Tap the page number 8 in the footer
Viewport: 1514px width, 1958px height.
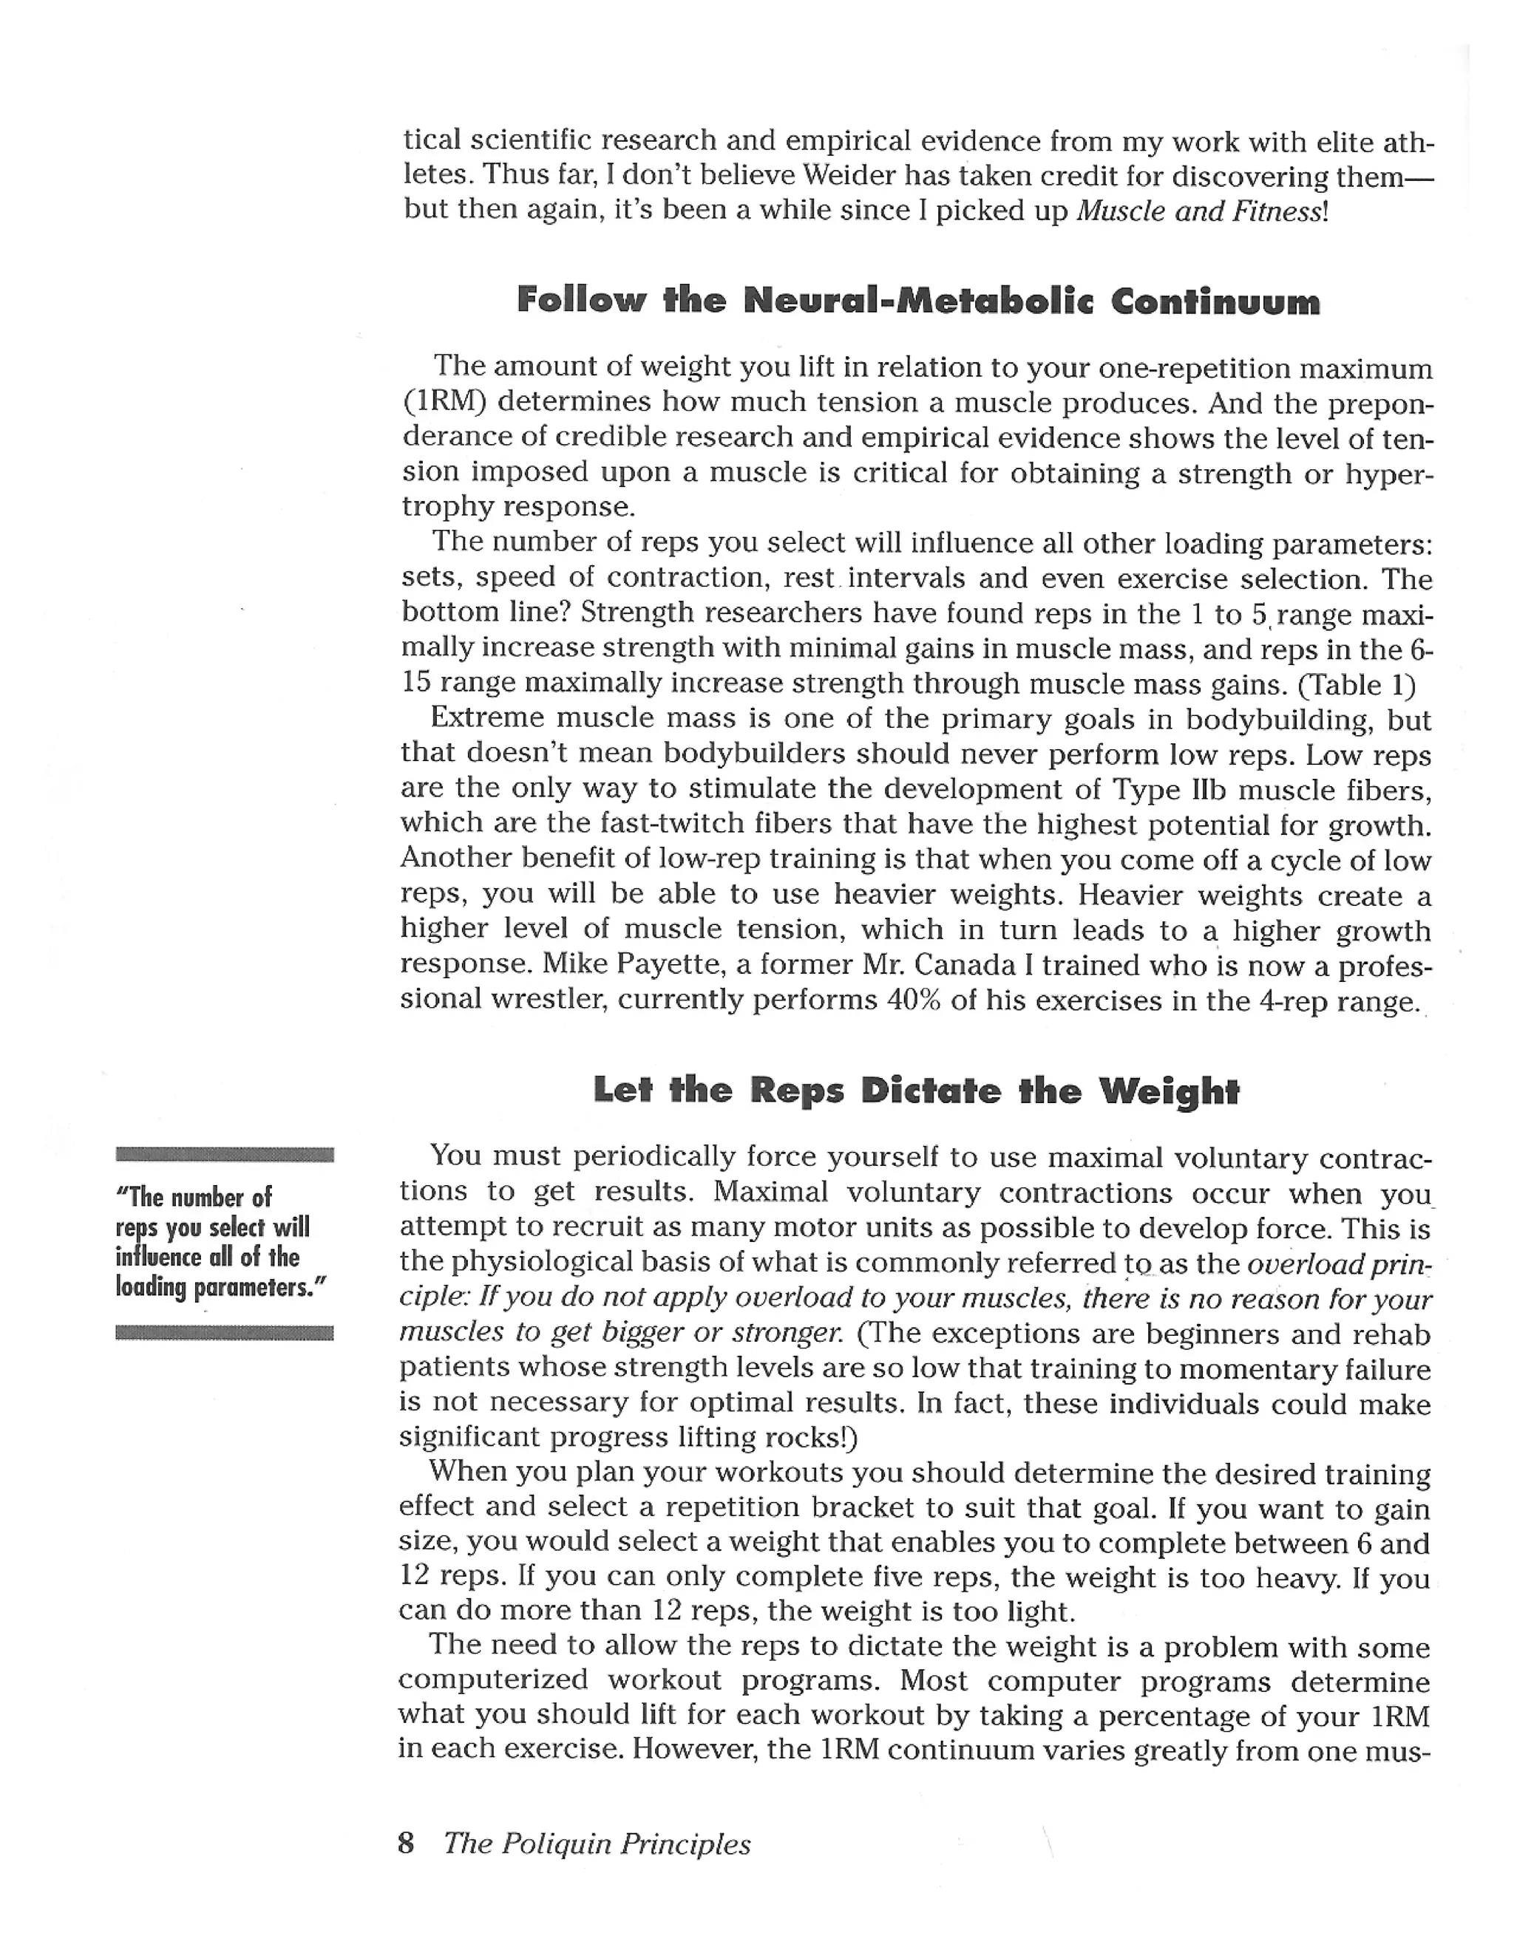pos(405,1843)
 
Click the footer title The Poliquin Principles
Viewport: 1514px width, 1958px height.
pos(597,1843)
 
